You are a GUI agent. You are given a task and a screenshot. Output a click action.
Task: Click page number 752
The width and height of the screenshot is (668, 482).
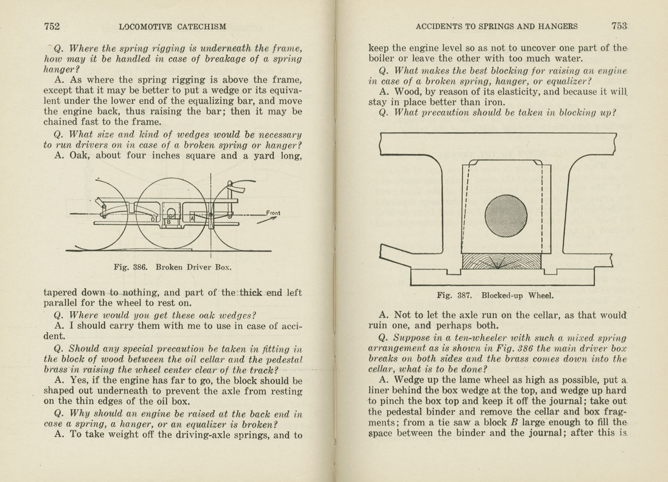tap(52, 26)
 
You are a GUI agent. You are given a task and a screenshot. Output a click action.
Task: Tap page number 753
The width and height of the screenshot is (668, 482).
tap(619, 26)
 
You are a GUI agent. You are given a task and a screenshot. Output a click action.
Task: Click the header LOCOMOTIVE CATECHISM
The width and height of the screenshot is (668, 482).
tap(173, 27)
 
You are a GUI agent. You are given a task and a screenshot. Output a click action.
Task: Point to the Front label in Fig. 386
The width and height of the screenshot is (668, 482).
tap(273, 213)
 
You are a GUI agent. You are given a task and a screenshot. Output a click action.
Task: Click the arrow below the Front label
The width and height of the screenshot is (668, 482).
tap(267, 220)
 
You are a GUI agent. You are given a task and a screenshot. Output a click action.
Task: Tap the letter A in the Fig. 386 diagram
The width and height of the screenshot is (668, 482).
tap(192, 218)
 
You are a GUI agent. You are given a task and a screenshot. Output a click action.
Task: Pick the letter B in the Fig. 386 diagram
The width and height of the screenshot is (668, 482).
tap(169, 222)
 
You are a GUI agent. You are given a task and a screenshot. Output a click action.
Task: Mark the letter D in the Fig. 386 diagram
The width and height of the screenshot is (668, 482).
tap(153, 220)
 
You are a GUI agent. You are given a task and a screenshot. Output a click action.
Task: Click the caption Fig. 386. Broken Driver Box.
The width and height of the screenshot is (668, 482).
tap(173, 267)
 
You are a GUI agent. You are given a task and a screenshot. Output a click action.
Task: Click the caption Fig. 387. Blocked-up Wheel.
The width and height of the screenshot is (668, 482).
tap(495, 296)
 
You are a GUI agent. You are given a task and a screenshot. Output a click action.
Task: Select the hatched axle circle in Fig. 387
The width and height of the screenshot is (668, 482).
tap(506, 216)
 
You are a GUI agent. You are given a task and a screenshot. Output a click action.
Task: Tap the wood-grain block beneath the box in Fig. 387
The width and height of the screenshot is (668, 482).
tap(501, 261)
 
